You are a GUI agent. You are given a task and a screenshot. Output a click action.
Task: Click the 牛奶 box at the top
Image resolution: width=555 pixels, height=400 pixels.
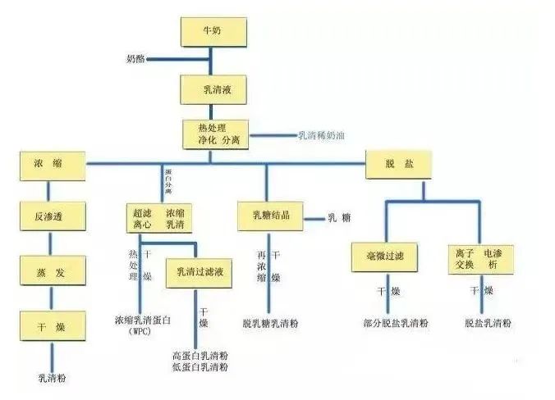tap(211, 32)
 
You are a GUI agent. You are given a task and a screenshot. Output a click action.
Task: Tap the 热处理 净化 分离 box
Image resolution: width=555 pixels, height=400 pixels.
tap(212, 134)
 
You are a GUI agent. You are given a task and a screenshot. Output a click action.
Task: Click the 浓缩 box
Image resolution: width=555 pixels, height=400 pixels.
tap(53, 164)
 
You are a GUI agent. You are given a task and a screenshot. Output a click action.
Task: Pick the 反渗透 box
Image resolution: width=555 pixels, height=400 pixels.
tap(53, 217)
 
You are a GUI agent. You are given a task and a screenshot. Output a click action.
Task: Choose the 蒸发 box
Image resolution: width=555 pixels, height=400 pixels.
tap(53, 270)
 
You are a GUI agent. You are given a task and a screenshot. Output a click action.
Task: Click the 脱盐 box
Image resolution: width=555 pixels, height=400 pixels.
tap(397, 164)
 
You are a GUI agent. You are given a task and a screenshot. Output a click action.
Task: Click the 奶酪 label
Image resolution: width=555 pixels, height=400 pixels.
tap(136, 61)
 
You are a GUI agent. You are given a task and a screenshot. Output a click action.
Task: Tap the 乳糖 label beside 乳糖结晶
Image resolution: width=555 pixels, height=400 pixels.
tap(339, 218)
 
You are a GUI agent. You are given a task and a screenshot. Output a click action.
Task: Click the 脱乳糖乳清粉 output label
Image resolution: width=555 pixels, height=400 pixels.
tap(270, 324)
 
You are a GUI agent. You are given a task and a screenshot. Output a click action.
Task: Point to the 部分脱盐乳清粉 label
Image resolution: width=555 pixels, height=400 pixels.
tap(396, 324)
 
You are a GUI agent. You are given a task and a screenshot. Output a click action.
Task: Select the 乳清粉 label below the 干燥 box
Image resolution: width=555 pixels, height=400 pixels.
tap(52, 378)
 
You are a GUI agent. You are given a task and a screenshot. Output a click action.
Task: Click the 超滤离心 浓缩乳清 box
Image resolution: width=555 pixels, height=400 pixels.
tap(159, 217)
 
